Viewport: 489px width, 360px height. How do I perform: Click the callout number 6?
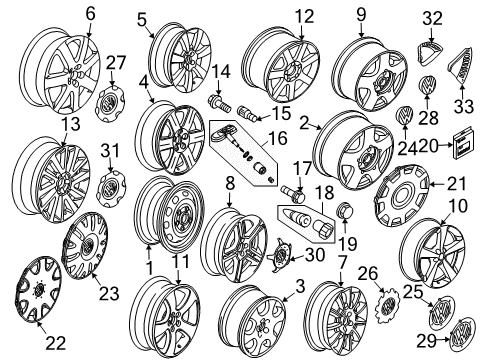pyautogui.click(x=90, y=14)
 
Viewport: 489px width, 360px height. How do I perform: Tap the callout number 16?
pyautogui.click(x=277, y=138)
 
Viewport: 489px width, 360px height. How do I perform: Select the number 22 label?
pyautogui.click(x=55, y=343)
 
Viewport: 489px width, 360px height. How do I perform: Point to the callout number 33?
pyautogui.click(x=463, y=106)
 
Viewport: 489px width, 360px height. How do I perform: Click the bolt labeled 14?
pyautogui.click(x=219, y=103)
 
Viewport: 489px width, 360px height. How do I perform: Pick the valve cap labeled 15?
pyautogui.click(x=247, y=114)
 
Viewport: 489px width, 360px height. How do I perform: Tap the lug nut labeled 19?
pyautogui.click(x=344, y=211)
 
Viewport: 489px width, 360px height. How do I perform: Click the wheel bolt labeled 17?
pyautogui.click(x=293, y=194)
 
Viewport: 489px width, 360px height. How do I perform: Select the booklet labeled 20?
pyautogui.click(x=463, y=143)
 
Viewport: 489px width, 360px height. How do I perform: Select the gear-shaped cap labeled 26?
pyautogui.click(x=387, y=305)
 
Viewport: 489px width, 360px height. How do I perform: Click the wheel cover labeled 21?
pyautogui.click(x=402, y=195)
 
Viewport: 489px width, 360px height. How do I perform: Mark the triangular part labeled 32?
pyautogui.click(x=430, y=53)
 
